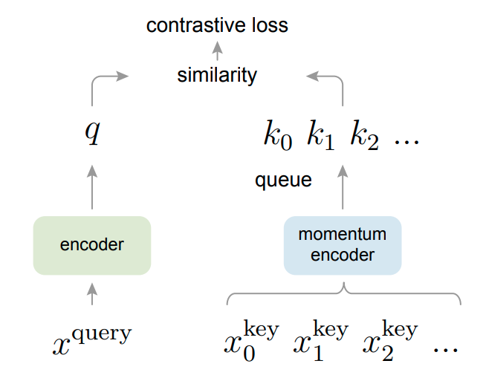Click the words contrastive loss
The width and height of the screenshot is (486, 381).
coord(217,25)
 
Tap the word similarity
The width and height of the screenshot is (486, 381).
coord(217,75)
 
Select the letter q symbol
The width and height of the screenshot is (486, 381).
coord(91,134)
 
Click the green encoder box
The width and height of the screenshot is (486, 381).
coord(92,245)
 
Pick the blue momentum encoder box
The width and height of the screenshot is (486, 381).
coord(343,245)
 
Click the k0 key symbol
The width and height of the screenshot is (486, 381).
coord(279,135)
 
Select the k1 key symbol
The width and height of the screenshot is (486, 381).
coord(320,135)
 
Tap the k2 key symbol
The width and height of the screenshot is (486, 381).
coord(365,135)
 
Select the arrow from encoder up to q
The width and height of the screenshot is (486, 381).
coord(92,186)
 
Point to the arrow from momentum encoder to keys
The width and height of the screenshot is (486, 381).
coord(343,186)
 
